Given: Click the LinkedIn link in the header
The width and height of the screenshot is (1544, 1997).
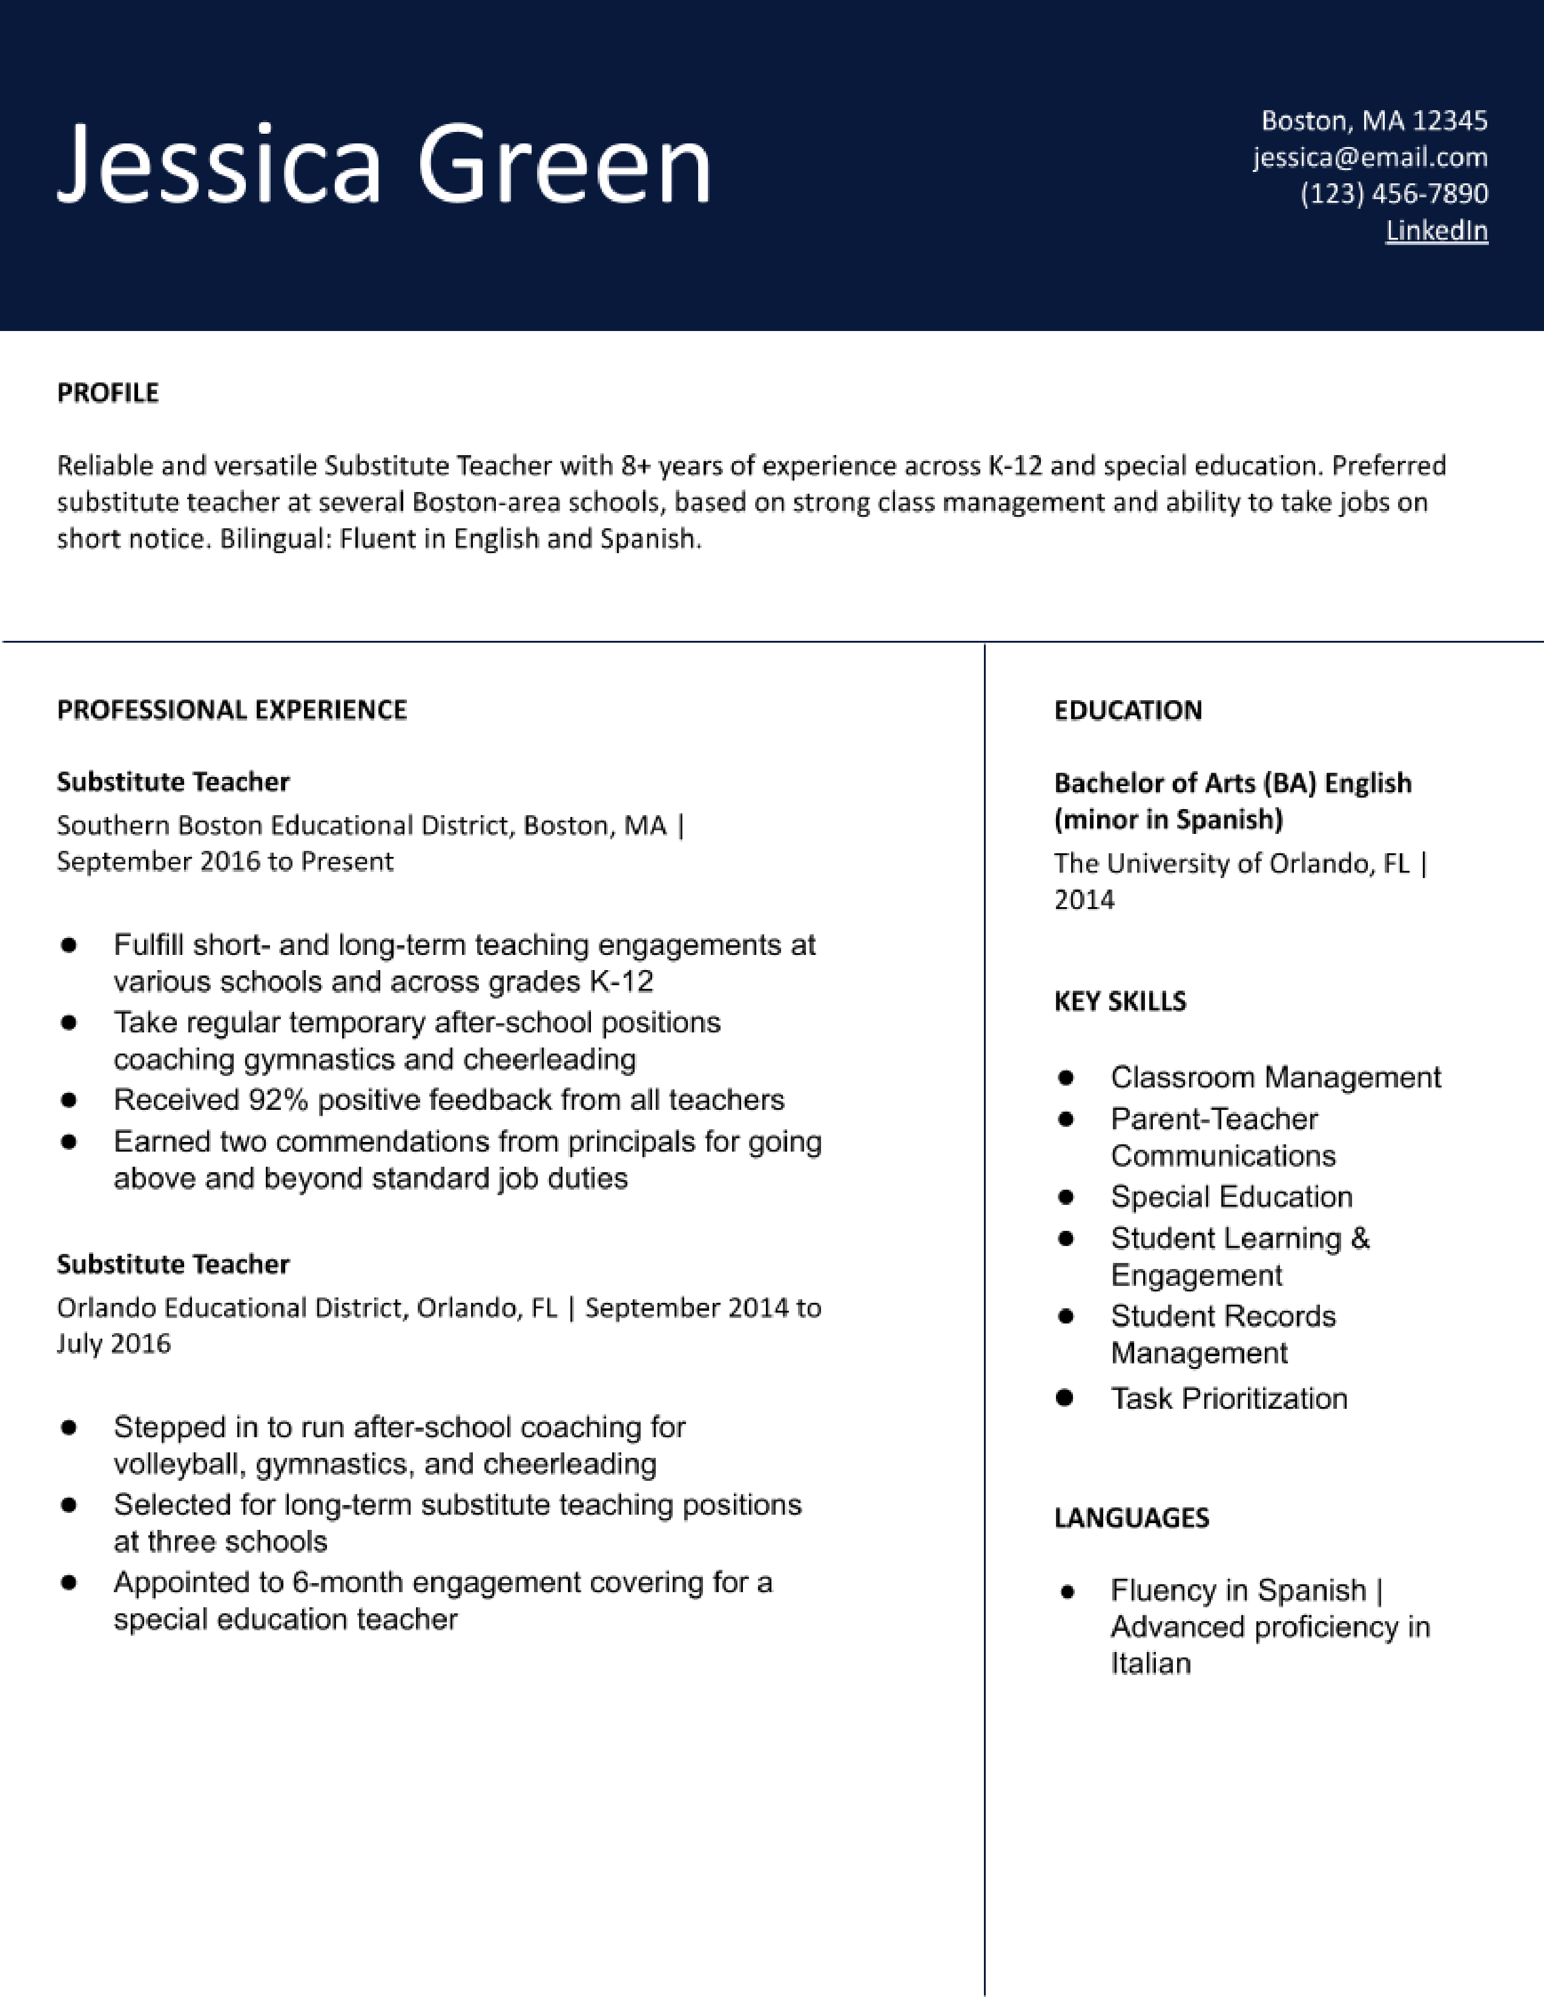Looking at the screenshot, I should pos(1436,231).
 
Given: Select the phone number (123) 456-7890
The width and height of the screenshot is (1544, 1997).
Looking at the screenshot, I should pos(1394,194).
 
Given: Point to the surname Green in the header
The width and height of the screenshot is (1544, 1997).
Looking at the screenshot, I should pos(564,165).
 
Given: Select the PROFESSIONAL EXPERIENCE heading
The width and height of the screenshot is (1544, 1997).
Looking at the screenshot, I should pos(231,710).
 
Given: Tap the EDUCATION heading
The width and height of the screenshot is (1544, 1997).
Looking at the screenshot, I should pos(1128,710).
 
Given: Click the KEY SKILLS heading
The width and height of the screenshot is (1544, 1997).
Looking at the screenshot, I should pos(1120,1002).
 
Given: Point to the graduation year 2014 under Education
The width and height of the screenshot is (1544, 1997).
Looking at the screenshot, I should pos(1084,900).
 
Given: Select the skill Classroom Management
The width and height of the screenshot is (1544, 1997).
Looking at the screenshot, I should pos(1275,1077).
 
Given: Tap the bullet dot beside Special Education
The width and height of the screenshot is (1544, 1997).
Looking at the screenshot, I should pos(1064,1197).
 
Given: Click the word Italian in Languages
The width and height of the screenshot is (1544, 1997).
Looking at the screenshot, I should pos(1150,1663).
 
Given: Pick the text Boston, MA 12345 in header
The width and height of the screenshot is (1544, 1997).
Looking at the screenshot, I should pos(1374,120).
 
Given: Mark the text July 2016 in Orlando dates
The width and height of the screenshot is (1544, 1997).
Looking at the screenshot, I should pos(113,1343).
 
